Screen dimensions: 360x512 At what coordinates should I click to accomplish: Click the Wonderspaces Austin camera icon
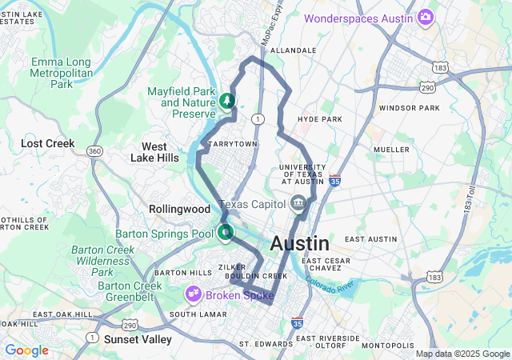(426, 17)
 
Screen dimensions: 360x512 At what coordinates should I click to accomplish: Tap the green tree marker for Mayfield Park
(227, 102)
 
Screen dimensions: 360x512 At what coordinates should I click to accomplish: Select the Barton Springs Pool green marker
(226, 234)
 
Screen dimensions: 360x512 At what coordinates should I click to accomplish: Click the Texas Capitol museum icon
(298, 203)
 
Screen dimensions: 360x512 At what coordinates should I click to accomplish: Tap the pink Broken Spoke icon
(194, 295)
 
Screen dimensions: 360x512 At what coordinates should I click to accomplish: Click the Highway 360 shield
(94, 151)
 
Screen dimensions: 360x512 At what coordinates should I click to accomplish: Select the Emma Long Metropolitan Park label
(62, 73)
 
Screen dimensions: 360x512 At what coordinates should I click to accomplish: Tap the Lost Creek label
(47, 144)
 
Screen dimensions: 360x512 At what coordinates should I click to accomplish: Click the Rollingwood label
(178, 209)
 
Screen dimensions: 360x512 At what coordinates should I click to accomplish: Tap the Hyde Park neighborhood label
(319, 119)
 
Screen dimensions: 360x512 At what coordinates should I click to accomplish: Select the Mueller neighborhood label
(391, 150)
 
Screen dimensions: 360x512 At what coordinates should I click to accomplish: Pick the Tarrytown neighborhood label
(232, 144)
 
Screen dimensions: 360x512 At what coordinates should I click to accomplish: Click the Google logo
(26, 350)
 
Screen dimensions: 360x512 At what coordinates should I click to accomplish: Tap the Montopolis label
(388, 345)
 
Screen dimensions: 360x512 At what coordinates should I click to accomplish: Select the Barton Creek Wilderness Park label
(102, 261)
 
